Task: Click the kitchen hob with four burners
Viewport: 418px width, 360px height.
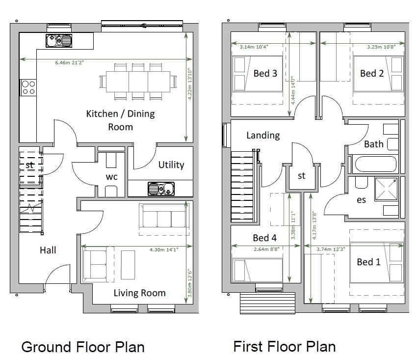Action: pos(28,87)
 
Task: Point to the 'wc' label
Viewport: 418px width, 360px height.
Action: pos(112,177)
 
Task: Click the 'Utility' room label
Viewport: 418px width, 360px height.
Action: pos(171,165)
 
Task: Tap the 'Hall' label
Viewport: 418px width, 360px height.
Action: pos(48,250)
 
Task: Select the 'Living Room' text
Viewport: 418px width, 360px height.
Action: pos(139,293)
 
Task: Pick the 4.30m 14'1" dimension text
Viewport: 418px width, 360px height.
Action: pos(164,249)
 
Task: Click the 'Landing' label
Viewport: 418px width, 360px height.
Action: pos(263,135)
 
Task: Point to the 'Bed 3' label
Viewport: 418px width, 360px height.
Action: pos(265,73)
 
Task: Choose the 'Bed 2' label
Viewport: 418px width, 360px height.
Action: pos(372,73)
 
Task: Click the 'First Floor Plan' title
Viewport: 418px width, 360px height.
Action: pos(284,347)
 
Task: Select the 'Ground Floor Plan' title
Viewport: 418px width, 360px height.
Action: pos(83,347)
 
